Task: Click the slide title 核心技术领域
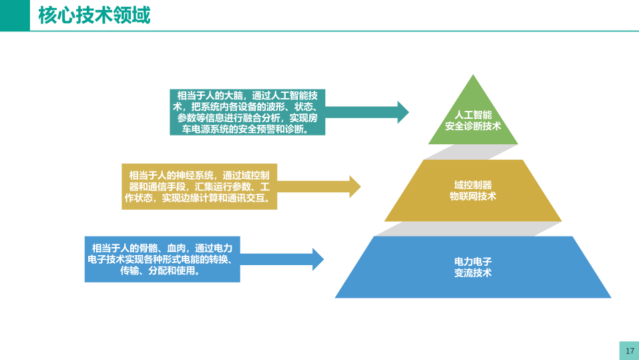point(94,15)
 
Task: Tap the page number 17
point(629,351)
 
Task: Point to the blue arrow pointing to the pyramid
point(282,258)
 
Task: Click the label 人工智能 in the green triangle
point(473,115)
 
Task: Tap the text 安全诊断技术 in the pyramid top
point(473,126)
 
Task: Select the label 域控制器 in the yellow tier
point(473,184)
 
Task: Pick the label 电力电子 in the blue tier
point(473,261)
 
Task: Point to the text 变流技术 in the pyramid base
point(473,273)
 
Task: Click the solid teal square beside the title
point(15,15)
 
